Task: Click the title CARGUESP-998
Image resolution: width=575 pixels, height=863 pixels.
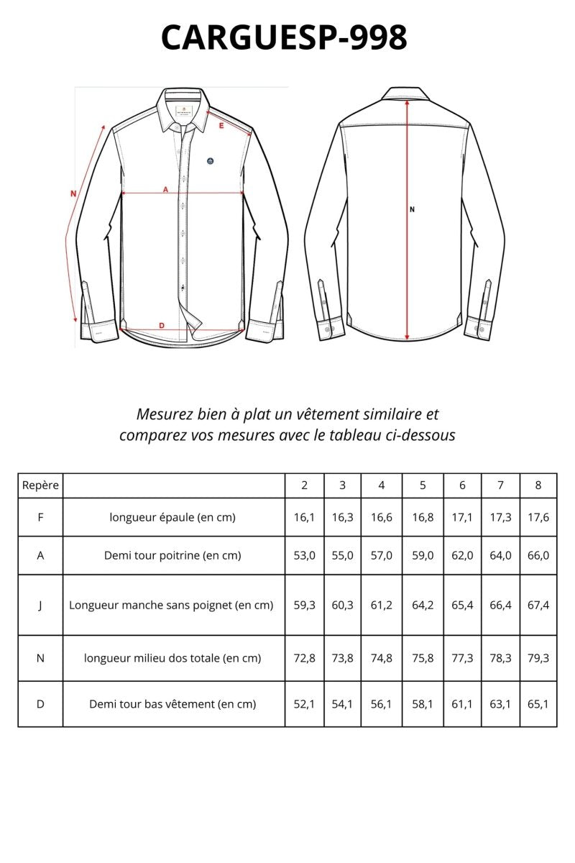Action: (x=285, y=37)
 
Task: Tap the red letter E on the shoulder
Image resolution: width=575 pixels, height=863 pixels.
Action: (x=221, y=126)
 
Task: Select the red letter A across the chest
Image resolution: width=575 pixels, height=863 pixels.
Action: (x=165, y=189)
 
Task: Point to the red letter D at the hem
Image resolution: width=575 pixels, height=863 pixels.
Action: (x=162, y=326)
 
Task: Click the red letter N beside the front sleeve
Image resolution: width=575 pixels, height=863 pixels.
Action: (x=73, y=193)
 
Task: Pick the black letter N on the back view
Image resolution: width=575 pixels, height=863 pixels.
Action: (x=413, y=210)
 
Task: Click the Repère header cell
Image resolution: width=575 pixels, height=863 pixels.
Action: (x=40, y=485)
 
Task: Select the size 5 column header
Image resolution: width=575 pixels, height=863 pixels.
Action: (x=423, y=485)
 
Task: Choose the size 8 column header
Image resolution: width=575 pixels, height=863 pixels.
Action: (x=538, y=485)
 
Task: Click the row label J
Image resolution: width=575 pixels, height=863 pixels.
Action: (x=40, y=605)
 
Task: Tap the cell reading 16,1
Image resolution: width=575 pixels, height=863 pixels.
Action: (x=304, y=517)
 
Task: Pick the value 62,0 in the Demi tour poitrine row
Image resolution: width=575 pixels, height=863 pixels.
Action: (x=462, y=555)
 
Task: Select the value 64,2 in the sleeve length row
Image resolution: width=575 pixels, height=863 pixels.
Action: (x=423, y=605)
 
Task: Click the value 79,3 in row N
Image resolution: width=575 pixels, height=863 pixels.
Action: (x=538, y=658)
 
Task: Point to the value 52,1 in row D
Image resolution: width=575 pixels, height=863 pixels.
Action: (x=304, y=704)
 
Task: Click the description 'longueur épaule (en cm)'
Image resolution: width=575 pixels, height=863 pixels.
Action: (x=172, y=517)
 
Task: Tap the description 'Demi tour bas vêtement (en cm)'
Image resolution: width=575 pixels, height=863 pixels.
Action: (x=172, y=704)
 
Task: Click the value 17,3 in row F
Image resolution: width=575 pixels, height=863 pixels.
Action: (x=500, y=517)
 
